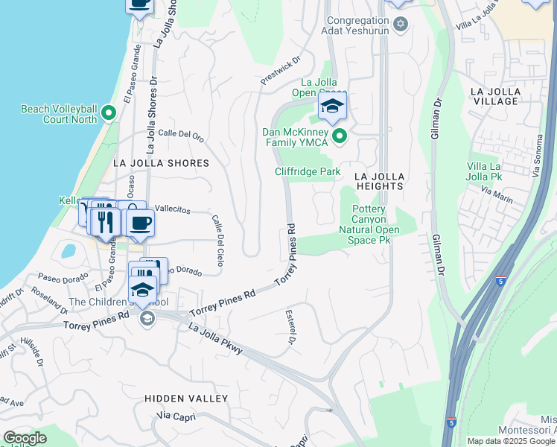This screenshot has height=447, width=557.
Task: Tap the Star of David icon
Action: tap(401, 25)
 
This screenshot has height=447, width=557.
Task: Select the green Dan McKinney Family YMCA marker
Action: tap(340, 136)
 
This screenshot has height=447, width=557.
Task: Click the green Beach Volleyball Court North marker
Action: tap(109, 113)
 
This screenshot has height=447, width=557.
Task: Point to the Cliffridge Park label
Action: tap(308, 171)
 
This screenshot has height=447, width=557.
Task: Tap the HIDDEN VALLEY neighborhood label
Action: tap(186, 399)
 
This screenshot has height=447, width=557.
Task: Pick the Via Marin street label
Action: tap(497, 195)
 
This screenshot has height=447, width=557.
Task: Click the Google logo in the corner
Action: tap(25, 438)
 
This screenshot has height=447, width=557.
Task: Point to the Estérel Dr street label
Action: tap(290, 327)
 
